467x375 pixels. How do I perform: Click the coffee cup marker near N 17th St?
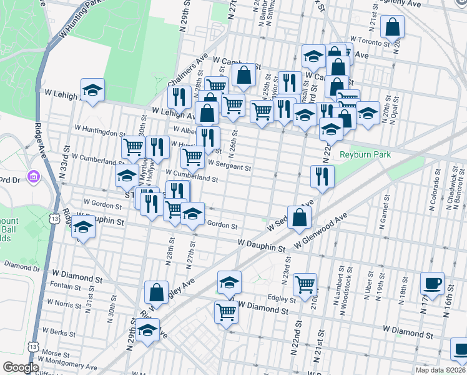click(x=432, y=284)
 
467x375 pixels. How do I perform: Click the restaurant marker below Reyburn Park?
click(x=322, y=176)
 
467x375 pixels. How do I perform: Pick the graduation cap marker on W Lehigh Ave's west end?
click(x=92, y=90)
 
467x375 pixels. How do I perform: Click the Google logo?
click(x=21, y=367)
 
